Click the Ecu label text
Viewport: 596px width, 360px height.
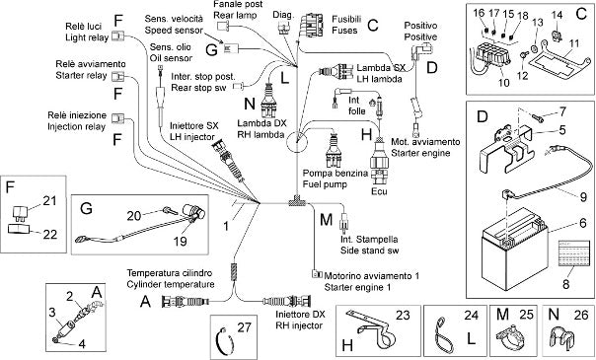379,191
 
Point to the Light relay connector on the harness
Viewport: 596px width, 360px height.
119,36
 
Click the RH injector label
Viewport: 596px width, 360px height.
299,325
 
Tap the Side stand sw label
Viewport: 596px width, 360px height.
369,251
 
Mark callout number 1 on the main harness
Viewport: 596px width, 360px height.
226,226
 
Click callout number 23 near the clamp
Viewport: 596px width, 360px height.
403,315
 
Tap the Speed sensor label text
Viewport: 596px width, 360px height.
174,30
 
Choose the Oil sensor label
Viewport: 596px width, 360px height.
171,58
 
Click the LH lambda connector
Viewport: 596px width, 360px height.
335,72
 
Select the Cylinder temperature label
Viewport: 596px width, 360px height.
171,284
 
